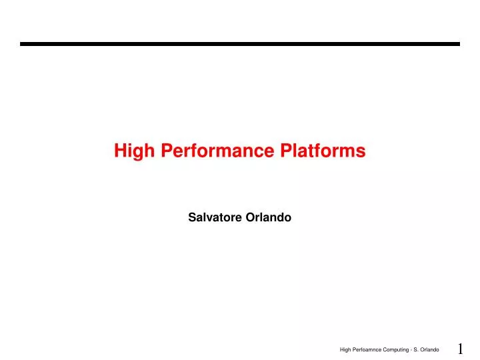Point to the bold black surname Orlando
(x=270, y=217)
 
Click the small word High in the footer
(x=345, y=350)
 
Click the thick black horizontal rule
(x=240, y=44)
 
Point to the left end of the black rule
(x=22, y=44)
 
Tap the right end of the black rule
(x=458, y=44)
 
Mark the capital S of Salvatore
(x=192, y=217)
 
